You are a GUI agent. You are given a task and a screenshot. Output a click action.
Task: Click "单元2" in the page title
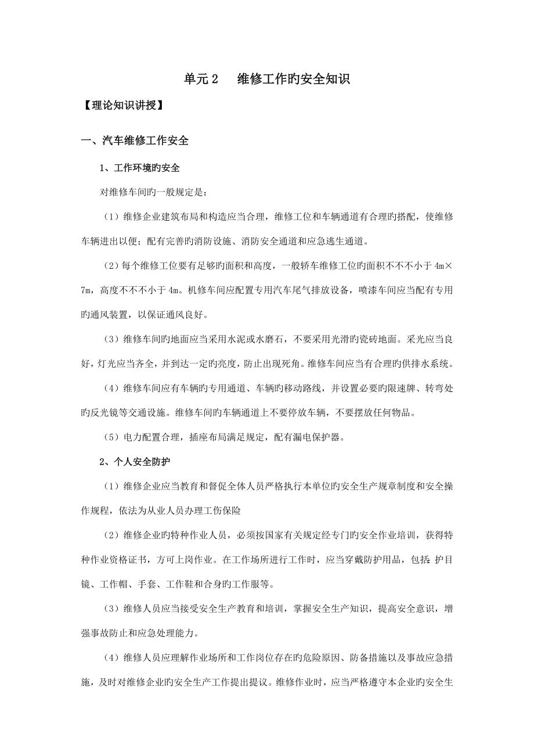[x=200, y=79]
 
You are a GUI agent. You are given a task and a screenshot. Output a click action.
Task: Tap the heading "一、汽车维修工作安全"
[x=134, y=141]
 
